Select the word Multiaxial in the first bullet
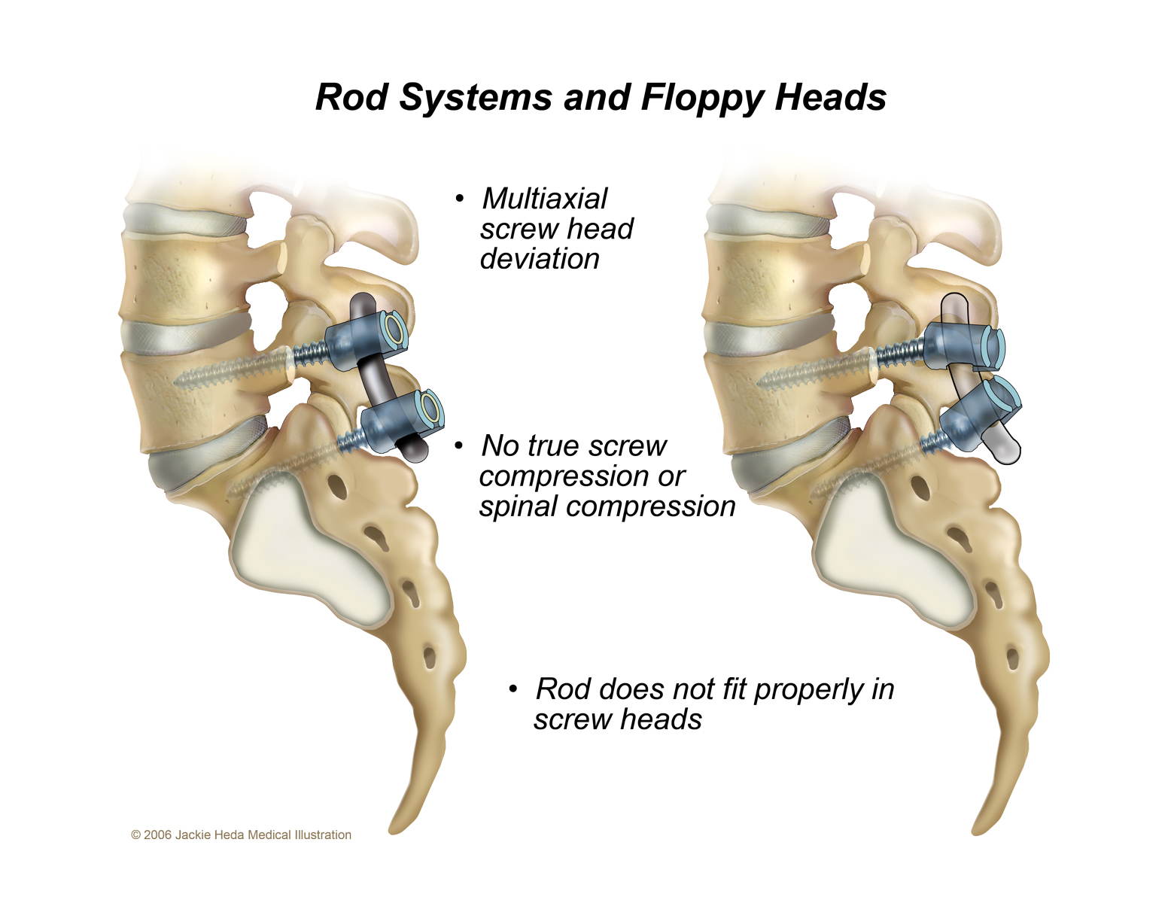pyautogui.click(x=544, y=199)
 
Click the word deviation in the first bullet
pyautogui.click(x=540, y=259)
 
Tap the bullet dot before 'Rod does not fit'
pyautogui.click(x=512, y=689)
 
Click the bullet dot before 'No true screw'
pyautogui.click(x=459, y=445)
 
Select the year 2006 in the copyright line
pyautogui.click(x=157, y=835)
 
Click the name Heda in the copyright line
pyautogui.click(x=230, y=835)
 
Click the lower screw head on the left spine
pyautogui.click(x=403, y=421)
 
